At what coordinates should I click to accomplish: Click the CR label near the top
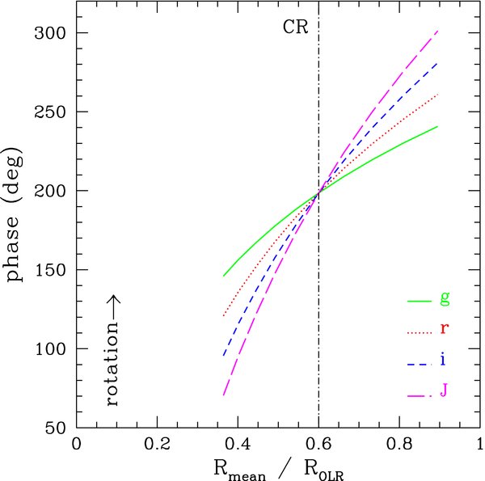coord(295,27)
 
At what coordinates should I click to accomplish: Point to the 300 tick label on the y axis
coord(50,33)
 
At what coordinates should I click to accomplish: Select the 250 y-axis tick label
coord(50,112)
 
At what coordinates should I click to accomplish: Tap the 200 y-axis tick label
coord(50,191)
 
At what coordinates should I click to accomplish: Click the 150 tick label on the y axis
coord(51,270)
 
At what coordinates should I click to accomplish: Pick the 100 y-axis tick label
coord(51,349)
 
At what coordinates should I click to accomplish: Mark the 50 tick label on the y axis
coord(56,428)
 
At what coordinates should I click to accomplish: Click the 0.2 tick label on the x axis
coord(157,444)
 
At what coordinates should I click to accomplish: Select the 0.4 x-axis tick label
coord(238,444)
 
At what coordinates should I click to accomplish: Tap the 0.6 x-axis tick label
coord(318,444)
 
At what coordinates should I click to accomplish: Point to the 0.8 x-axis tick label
coord(399,444)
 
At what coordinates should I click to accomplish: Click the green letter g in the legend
coord(445,299)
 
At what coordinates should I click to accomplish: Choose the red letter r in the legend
coord(445,328)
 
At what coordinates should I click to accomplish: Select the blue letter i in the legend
coord(443,360)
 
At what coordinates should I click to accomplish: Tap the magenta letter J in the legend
coord(444,390)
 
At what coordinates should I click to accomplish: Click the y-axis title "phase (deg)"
coord(15,215)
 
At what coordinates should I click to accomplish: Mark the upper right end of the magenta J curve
coord(437,31)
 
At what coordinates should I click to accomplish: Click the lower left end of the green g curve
coord(224,276)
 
